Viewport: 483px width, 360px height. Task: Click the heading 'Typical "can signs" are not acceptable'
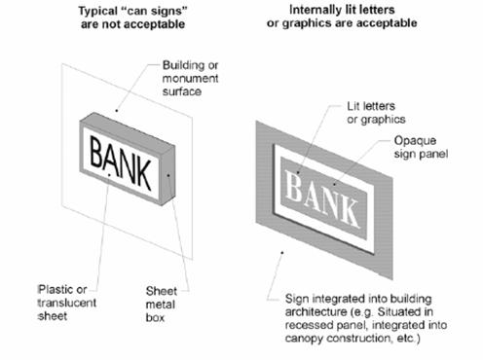(x=132, y=18)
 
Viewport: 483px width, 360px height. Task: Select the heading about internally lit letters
(x=342, y=17)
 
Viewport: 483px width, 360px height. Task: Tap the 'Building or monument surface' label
(x=190, y=78)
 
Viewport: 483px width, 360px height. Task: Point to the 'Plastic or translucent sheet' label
(x=67, y=303)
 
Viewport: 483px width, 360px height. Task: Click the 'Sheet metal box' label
(x=162, y=305)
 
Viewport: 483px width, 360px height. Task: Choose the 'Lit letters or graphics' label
(x=376, y=113)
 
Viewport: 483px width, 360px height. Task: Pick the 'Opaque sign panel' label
(x=421, y=147)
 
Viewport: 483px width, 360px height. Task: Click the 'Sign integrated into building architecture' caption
(x=366, y=318)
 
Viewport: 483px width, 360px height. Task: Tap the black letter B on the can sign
(x=96, y=153)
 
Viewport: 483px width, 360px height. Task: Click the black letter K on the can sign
(x=143, y=174)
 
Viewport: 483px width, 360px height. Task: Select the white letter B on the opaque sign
(x=293, y=186)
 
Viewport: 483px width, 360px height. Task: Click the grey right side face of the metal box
(x=168, y=175)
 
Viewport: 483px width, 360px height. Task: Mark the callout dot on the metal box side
(x=168, y=175)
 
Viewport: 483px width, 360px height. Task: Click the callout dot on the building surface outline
(x=117, y=111)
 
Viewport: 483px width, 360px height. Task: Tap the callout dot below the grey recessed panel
(x=282, y=253)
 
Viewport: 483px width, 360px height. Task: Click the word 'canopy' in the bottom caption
(x=305, y=339)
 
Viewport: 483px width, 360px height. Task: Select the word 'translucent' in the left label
(x=67, y=303)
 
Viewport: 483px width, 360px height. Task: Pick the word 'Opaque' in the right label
(x=415, y=141)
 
